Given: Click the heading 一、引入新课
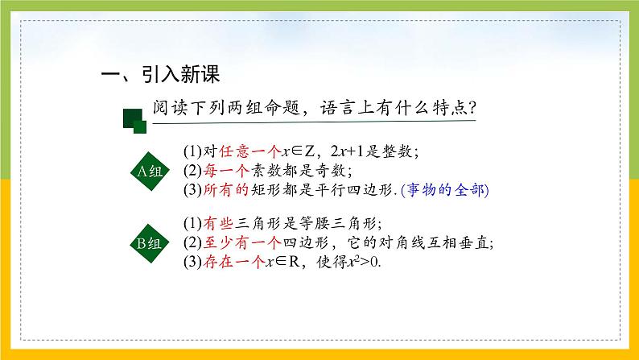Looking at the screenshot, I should pos(159,75).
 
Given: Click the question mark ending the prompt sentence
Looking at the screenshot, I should pos(472,107).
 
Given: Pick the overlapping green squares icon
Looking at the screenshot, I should pos(134,121).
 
